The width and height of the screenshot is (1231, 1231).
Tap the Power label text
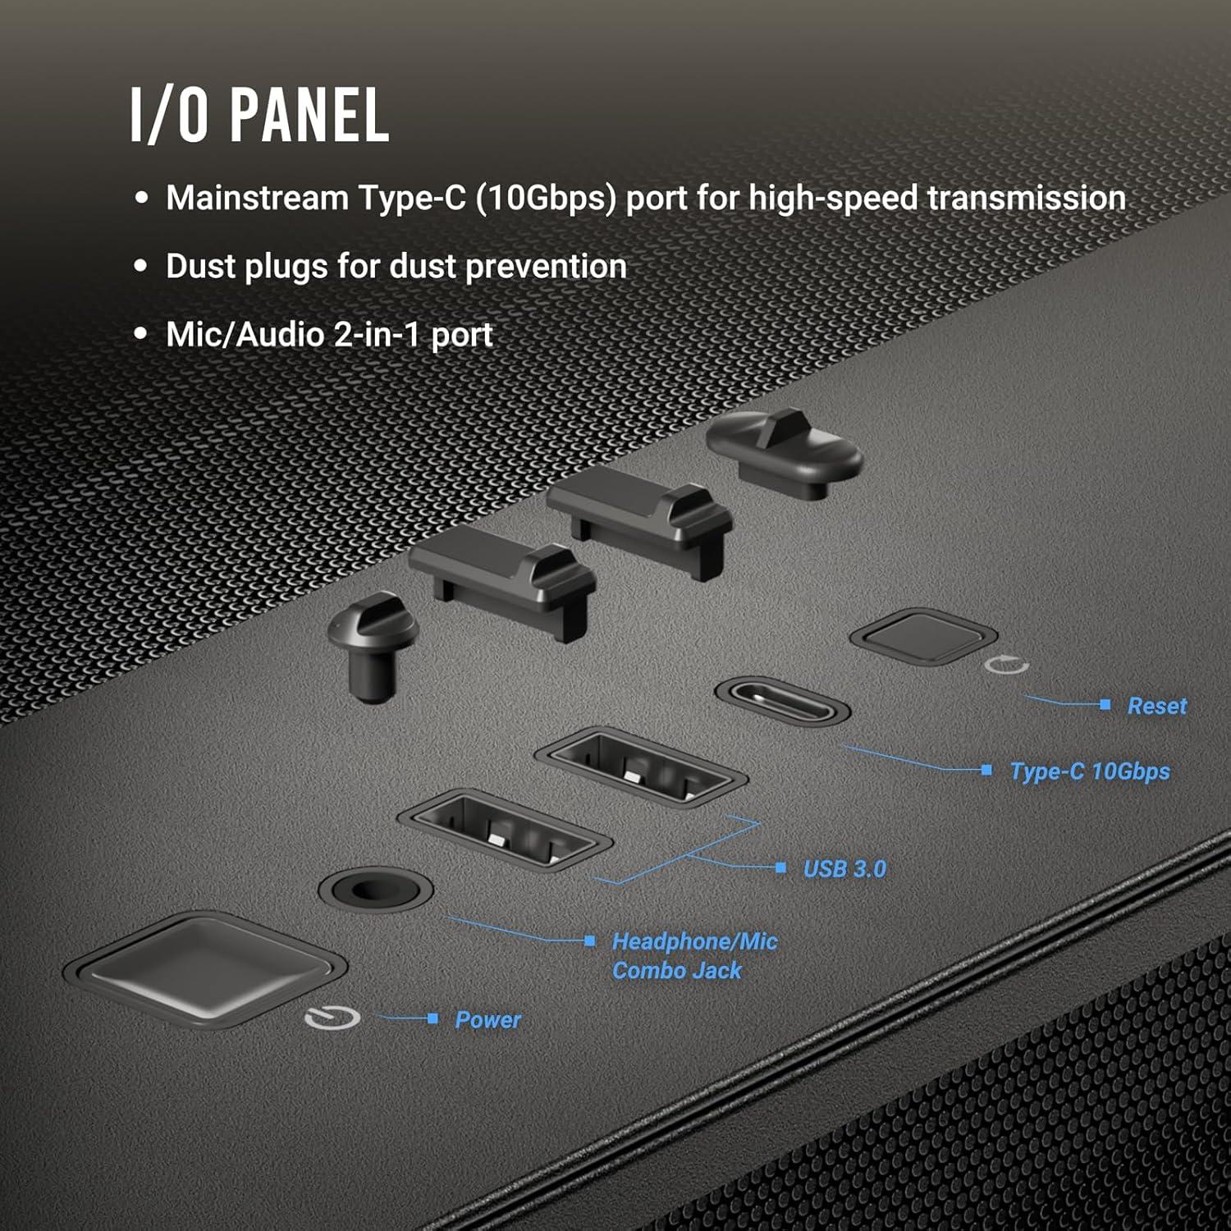[487, 1019]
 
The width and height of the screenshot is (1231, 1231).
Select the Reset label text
[1156, 706]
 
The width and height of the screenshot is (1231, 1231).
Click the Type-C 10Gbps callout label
[1089, 771]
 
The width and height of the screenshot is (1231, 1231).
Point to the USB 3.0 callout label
[844, 868]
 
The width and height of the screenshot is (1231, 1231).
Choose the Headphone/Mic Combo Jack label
[693, 956]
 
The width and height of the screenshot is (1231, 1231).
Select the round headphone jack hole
[375, 890]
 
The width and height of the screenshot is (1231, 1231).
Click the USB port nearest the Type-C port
[640, 767]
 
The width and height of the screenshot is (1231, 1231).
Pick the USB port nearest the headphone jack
[504, 830]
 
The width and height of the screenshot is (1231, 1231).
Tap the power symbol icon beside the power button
[332, 1018]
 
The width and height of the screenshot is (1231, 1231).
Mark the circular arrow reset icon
[1006, 665]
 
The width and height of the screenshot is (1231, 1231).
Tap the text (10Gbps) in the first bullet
[546, 199]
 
